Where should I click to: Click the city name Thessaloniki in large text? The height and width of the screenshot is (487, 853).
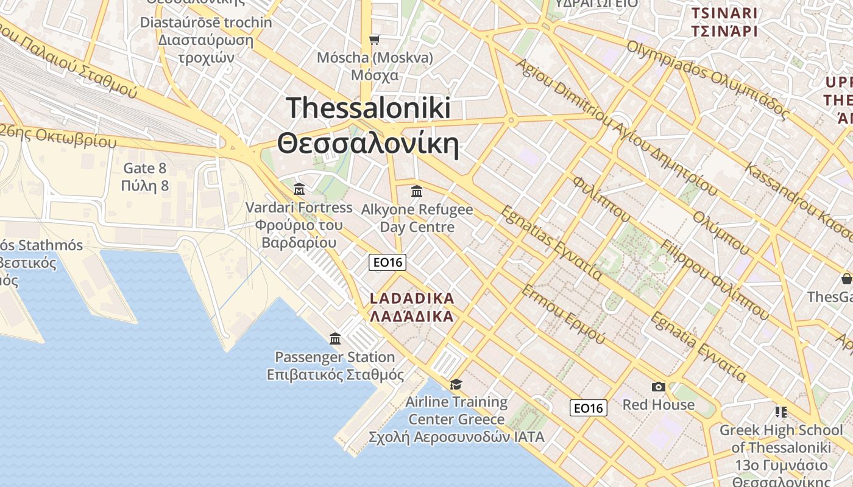pyautogui.click(x=368, y=108)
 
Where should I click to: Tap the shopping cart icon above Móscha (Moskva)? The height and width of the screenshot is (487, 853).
pyautogui.click(x=374, y=40)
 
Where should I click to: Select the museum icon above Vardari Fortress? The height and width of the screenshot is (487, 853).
pyautogui.click(x=299, y=189)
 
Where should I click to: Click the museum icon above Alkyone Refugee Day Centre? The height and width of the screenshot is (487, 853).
pyautogui.click(x=417, y=192)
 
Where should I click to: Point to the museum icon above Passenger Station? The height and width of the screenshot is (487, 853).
pyautogui.click(x=335, y=338)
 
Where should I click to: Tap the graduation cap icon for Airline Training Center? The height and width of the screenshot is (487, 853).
pyautogui.click(x=456, y=384)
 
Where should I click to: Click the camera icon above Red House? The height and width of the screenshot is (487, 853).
pyautogui.click(x=658, y=387)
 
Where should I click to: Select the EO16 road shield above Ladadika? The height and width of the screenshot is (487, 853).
pyautogui.click(x=388, y=262)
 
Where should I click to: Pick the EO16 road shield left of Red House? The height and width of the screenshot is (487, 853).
pyautogui.click(x=589, y=408)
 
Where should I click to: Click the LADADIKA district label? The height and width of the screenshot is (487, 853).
pyautogui.click(x=412, y=298)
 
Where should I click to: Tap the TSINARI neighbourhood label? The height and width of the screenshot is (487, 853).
pyautogui.click(x=724, y=13)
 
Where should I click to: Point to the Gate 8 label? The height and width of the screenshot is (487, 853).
pyautogui.click(x=145, y=168)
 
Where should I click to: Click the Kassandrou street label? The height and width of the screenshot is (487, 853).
pyautogui.click(x=798, y=201)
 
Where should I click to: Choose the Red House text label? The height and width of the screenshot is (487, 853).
pyautogui.click(x=658, y=405)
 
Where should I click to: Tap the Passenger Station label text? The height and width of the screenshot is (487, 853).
pyautogui.click(x=334, y=357)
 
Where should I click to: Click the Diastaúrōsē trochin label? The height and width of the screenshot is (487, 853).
pyautogui.click(x=206, y=23)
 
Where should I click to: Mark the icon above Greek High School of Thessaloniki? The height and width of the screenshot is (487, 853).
pyautogui.click(x=780, y=412)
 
